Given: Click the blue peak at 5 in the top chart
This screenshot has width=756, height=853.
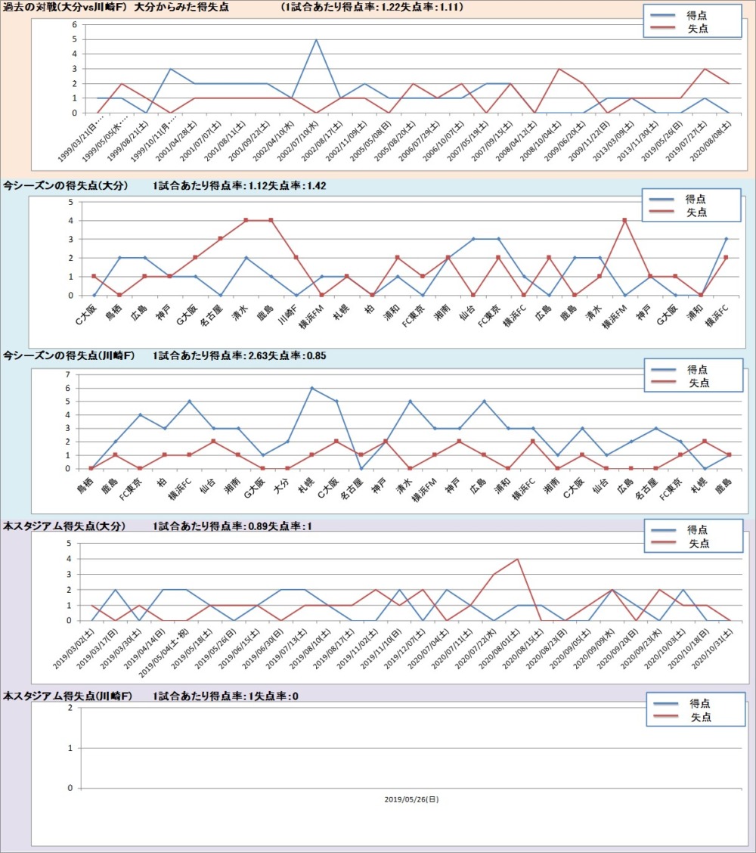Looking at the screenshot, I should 316,39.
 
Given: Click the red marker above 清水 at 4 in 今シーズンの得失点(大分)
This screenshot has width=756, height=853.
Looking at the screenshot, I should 246,220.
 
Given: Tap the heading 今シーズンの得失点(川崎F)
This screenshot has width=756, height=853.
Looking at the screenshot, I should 67,355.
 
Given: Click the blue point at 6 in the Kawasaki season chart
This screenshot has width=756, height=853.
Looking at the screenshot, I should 311,388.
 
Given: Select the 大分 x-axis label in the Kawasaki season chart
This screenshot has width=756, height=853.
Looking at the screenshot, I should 280,481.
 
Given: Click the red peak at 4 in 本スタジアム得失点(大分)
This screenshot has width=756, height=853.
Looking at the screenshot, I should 517,560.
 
